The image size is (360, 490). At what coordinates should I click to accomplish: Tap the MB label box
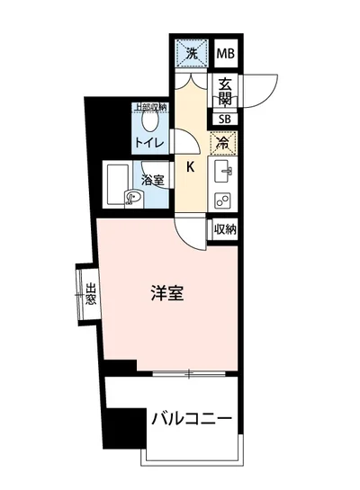point(226,55)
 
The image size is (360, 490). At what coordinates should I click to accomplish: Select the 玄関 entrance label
point(226,90)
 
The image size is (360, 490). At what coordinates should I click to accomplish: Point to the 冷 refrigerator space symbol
point(223,142)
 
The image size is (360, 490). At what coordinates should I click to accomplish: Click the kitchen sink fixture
point(224,169)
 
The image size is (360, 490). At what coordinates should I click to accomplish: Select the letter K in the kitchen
point(191,165)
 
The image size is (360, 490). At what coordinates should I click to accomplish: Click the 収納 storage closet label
point(225,229)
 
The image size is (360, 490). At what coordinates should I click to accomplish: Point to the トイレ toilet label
point(149,143)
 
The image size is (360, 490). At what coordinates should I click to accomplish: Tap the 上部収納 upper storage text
point(150,108)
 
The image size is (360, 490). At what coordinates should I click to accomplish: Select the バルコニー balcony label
point(192,418)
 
